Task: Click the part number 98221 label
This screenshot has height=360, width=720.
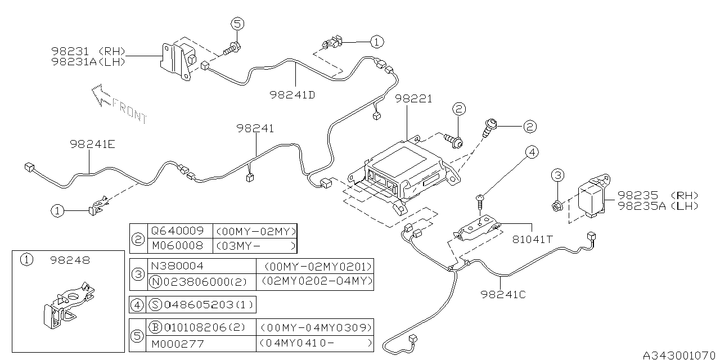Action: pyautogui.click(x=413, y=99)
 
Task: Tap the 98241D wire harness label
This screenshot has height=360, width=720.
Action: pyautogui.click(x=291, y=94)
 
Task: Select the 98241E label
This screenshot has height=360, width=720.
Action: pyautogui.click(x=93, y=144)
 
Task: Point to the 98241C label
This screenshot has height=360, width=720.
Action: pyautogui.click(x=503, y=293)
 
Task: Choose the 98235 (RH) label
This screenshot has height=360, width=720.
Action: pyautogui.click(x=658, y=195)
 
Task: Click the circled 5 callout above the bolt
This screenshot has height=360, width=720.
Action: pyautogui.click(x=237, y=24)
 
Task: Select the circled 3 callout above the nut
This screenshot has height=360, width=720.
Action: pyautogui.click(x=557, y=175)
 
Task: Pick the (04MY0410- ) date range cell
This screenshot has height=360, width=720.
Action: pyautogui.click(x=314, y=343)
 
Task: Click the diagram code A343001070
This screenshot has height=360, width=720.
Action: pyautogui.click(x=681, y=354)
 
